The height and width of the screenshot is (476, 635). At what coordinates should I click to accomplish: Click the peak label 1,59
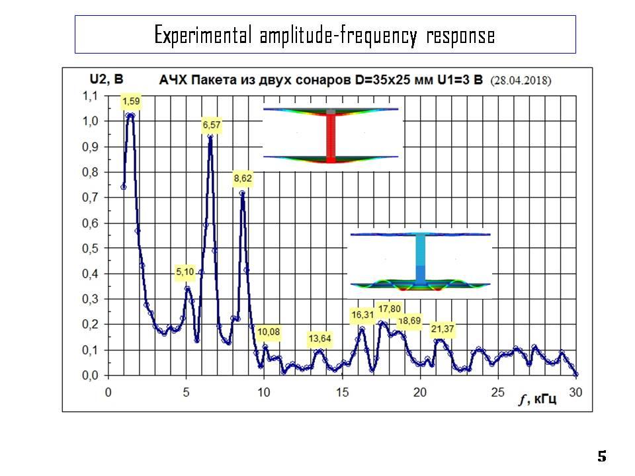(x=131, y=102)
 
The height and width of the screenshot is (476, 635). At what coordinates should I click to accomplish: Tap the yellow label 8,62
(x=243, y=178)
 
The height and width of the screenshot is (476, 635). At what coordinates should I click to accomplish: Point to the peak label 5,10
(x=185, y=272)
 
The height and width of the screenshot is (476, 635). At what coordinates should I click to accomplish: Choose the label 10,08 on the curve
(x=269, y=331)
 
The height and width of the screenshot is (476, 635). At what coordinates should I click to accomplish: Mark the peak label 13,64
(x=320, y=338)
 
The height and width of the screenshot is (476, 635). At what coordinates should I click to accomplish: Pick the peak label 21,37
(x=443, y=329)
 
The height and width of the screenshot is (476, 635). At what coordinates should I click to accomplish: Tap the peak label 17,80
(x=389, y=309)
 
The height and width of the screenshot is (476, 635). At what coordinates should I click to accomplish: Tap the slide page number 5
(x=601, y=456)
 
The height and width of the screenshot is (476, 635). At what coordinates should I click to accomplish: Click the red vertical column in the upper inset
(x=331, y=136)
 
